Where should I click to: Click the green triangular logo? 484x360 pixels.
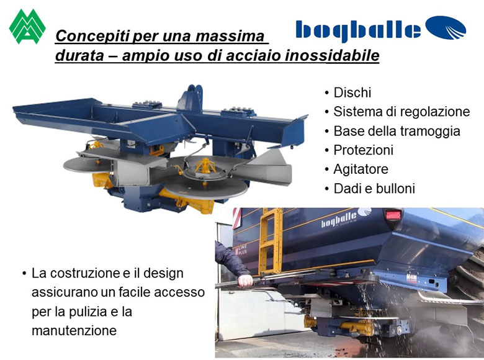click(27, 26)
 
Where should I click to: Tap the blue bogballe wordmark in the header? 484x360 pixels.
click(358, 30)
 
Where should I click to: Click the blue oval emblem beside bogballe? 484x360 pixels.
click(446, 27)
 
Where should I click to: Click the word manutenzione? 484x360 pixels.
click(74, 331)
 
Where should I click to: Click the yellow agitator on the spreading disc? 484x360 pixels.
click(205, 166)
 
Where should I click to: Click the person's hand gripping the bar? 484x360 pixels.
click(246, 281)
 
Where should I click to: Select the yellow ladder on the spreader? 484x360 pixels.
click(271, 241)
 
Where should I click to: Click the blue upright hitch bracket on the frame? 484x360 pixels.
click(191, 98)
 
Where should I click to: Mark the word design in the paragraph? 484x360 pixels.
click(163, 274)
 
